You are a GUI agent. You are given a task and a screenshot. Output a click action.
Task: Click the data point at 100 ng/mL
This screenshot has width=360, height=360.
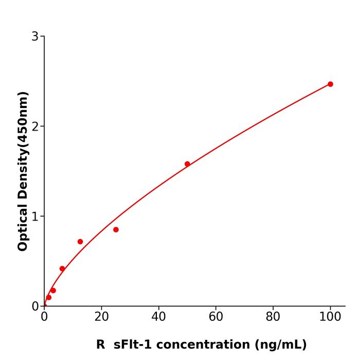pos(330,84)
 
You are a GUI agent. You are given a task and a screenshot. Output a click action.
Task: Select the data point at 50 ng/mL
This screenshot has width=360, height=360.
pos(187,164)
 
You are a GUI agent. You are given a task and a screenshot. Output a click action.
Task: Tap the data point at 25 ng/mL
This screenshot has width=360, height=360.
pos(116,229)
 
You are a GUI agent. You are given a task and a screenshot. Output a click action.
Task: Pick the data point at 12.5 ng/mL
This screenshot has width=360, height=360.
pos(80,242)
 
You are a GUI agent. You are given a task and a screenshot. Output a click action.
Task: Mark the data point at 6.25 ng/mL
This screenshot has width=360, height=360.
pos(62,268)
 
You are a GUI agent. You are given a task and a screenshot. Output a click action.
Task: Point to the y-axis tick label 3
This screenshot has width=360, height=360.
pos(35,37)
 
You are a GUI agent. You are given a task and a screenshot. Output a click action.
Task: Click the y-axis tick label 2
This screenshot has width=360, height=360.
pos(35,127)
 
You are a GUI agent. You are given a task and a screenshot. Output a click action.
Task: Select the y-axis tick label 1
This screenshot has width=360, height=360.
pos(35,217)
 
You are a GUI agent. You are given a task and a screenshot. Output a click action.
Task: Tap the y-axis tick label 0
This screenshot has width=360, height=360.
pos(35,307)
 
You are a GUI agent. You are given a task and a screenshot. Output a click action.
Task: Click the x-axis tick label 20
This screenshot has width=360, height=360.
pos(101,317)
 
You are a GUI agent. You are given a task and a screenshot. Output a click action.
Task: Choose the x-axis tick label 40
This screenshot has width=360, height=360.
pos(158,317)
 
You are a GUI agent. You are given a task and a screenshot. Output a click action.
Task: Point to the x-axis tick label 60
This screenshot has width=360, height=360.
pos(216,317)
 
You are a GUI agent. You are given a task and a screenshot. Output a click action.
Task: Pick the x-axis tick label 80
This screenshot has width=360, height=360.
pos(273,317)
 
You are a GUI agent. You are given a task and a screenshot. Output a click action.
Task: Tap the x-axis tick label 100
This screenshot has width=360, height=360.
pos(330,317)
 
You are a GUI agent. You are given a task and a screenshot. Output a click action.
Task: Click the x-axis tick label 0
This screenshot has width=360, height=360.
pos(44,317)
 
